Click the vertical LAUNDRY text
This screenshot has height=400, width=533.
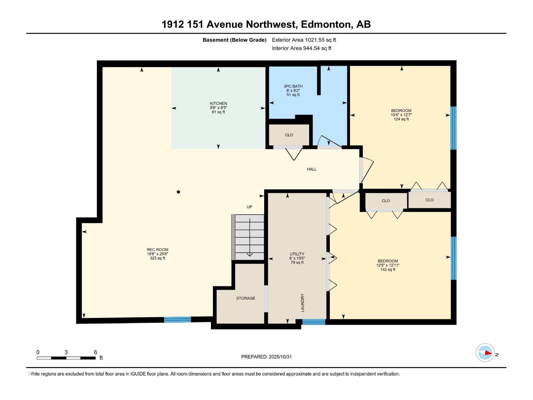pos(302,303)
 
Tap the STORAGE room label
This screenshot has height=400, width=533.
pos(246,298)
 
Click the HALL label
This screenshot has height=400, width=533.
pos(312,169)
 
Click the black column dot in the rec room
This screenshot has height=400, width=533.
pos(179,192)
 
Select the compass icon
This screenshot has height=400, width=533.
pos(485,353)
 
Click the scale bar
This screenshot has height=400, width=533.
pos(66,358)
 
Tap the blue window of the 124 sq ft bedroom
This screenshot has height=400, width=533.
pos(453,128)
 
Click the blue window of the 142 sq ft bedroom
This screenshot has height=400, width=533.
pos(453,258)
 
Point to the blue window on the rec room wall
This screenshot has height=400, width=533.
pos(178,320)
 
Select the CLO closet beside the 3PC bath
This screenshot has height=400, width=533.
pos(289,135)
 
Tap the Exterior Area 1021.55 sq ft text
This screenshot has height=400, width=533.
pos(304,40)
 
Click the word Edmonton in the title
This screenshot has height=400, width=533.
pos(326,24)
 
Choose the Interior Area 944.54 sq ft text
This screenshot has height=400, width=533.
pos(301,48)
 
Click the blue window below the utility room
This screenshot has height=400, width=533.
pos(313,322)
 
